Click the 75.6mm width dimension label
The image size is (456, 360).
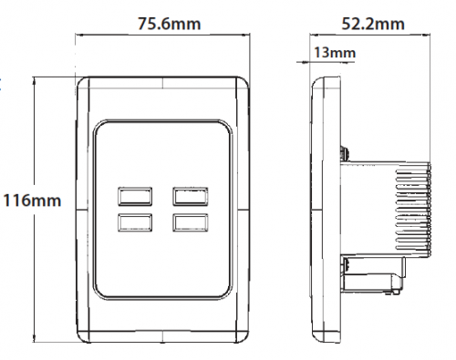coord(170,24)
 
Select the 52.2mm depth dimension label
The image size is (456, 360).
coord(373,24)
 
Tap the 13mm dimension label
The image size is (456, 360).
coord(335,53)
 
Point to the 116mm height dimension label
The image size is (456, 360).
coord(32,201)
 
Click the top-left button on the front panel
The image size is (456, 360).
coord(135,197)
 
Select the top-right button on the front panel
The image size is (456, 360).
coord(191,197)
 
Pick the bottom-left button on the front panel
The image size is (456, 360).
coord(135,222)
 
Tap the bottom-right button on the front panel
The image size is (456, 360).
coord(191,222)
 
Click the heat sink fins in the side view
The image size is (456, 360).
coord(413,210)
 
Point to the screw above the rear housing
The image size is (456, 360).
coord(345,153)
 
